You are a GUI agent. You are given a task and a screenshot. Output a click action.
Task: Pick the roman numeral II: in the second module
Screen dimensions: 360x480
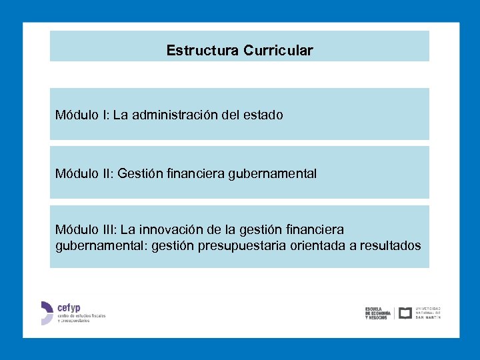108,173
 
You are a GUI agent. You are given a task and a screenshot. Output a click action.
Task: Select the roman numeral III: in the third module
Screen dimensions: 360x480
109,229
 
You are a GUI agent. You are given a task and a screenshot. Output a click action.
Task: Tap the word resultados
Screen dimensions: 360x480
390,245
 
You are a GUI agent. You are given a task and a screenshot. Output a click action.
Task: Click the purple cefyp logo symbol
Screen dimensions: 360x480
46,313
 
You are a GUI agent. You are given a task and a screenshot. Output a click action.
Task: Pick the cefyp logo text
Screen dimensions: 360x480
69,308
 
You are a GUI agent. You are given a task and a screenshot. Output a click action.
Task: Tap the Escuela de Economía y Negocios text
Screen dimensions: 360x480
377,313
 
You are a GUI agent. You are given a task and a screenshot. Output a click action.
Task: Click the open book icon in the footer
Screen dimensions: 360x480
405,313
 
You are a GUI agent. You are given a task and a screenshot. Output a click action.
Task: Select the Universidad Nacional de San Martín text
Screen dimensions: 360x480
428,313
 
